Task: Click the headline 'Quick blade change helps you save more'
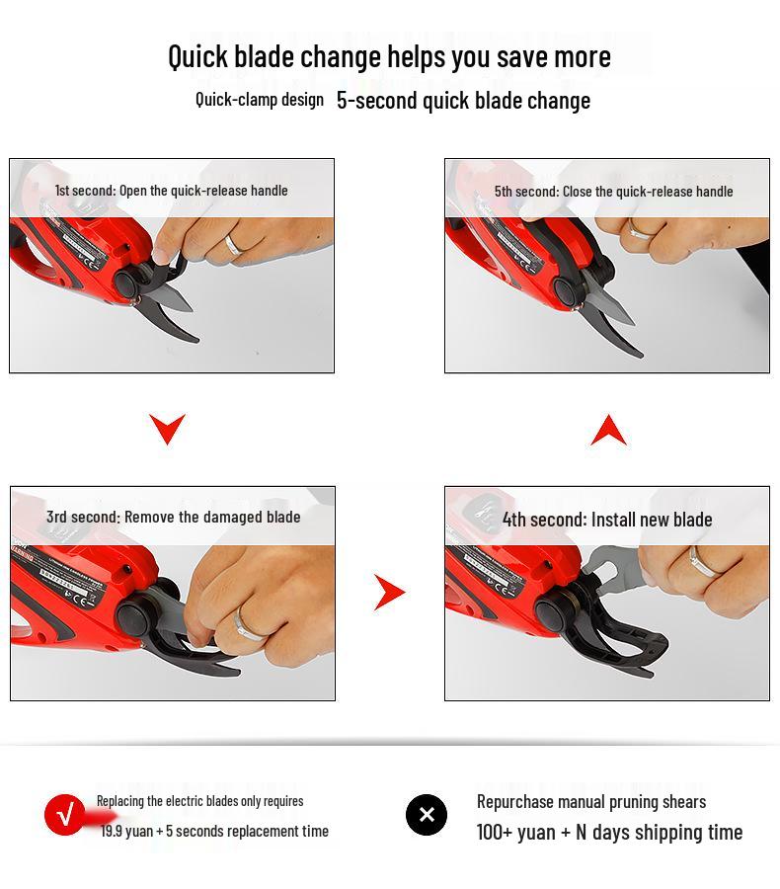389,56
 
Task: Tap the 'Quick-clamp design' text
259,99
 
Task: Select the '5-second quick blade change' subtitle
463,100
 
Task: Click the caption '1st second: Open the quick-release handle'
171,190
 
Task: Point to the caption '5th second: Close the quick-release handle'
613,191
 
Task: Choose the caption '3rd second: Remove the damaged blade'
173,517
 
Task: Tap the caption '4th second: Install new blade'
606,519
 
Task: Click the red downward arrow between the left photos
167,428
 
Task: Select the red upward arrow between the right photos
608,431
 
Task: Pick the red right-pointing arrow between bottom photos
389,593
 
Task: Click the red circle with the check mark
65,815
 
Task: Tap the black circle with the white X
427,815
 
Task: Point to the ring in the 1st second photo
233,245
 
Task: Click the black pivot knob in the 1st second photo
126,283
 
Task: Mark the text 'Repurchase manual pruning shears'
590,801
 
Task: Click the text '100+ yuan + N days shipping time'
609,832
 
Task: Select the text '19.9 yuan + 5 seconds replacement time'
214,831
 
